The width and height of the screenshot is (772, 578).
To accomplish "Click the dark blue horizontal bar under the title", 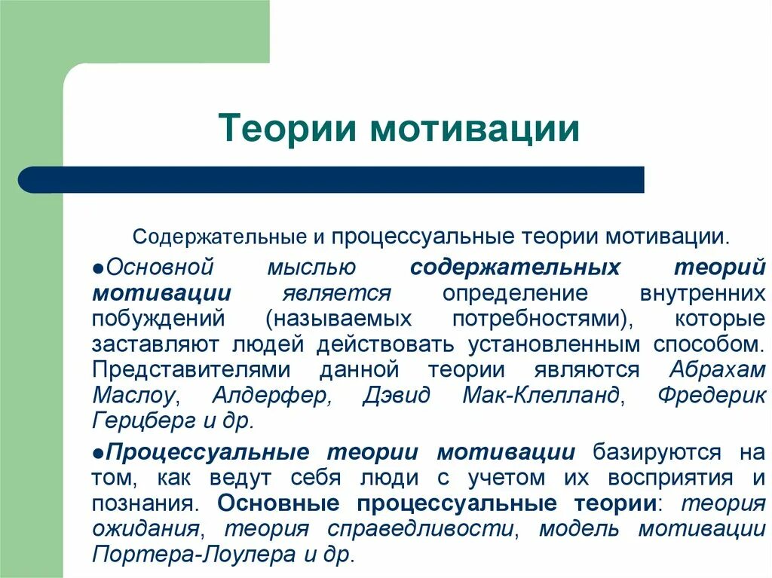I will [x=332, y=180].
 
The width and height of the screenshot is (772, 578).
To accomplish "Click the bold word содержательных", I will [x=515, y=268].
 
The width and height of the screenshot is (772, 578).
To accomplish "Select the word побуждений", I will [x=158, y=319].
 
